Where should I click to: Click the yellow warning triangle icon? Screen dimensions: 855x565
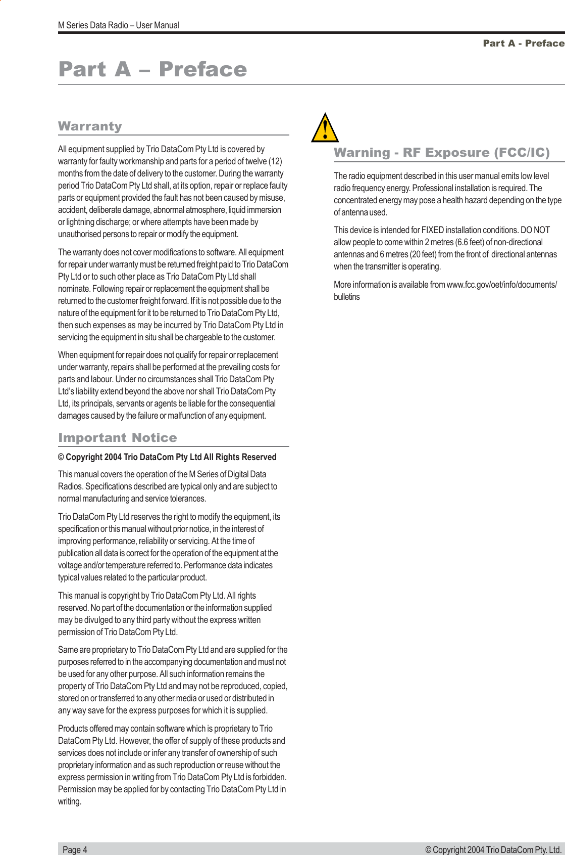[325, 129]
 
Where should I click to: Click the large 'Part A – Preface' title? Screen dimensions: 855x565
[152, 69]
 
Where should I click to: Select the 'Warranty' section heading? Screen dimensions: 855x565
[90, 126]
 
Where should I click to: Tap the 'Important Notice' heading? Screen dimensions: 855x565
[117, 438]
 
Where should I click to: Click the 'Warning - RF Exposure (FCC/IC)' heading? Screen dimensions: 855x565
[441, 153]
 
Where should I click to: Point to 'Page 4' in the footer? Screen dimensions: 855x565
[75, 849]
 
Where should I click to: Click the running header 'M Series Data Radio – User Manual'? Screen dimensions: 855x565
[119, 25]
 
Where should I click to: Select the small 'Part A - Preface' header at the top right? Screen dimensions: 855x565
[523, 43]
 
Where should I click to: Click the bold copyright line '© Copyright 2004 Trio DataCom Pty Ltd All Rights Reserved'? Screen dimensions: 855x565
[167, 457]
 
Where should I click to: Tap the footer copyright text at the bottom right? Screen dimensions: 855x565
[493, 849]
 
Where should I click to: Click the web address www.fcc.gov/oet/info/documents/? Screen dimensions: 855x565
[501, 285]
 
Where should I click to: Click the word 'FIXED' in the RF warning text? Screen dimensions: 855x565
[432, 230]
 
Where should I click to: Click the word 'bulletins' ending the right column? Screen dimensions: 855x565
[346, 297]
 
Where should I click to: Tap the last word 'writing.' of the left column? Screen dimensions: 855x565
[69, 801]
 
